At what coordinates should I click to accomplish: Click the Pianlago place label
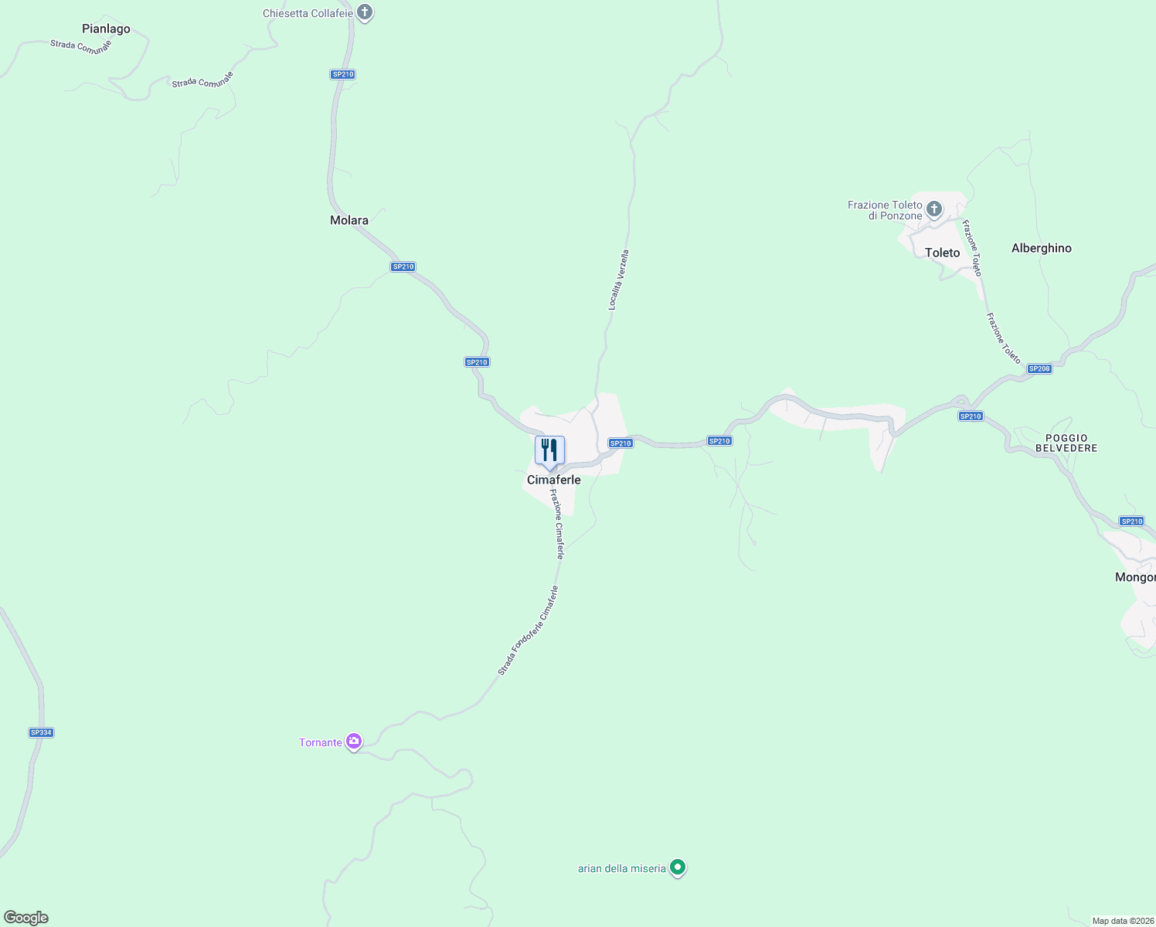pyautogui.click(x=106, y=29)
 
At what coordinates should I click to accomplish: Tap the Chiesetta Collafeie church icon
pyautogui.click(x=365, y=13)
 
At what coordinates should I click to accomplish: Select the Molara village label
pyautogui.click(x=349, y=220)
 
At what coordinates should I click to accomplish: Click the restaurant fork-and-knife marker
pyautogui.click(x=549, y=450)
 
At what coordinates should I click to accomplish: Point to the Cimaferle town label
pyautogui.click(x=553, y=480)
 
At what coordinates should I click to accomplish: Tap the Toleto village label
pyautogui.click(x=942, y=253)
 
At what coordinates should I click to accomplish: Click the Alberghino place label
pyautogui.click(x=1041, y=248)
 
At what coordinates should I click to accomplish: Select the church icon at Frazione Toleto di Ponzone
pyautogui.click(x=934, y=209)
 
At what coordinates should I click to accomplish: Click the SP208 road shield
pyautogui.click(x=1039, y=368)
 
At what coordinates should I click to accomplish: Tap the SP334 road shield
pyautogui.click(x=41, y=732)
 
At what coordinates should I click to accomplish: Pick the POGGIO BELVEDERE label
pyautogui.click(x=1066, y=443)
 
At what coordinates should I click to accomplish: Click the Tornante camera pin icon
pyautogui.click(x=354, y=742)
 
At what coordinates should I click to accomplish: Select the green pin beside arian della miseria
pyautogui.click(x=678, y=868)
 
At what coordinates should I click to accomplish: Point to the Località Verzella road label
pyautogui.click(x=618, y=280)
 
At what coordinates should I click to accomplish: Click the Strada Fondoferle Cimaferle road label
pyautogui.click(x=528, y=630)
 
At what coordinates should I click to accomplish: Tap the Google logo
pyautogui.click(x=26, y=918)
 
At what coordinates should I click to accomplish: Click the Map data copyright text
pyautogui.click(x=1122, y=921)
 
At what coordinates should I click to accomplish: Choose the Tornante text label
pyautogui.click(x=321, y=742)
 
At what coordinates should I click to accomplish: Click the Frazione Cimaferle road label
pyautogui.click(x=558, y=523)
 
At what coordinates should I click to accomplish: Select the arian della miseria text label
pyautogui.click(x=622, y=868)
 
